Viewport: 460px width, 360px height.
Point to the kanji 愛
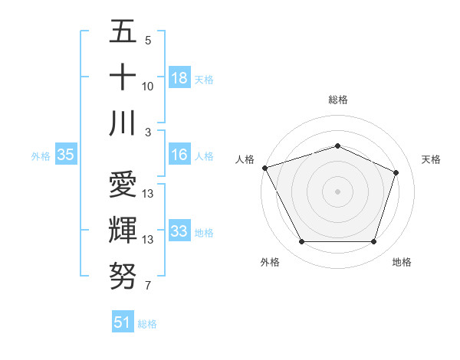(123, 185)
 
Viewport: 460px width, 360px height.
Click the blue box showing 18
(179, 78)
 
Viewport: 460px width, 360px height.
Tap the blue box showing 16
(179, 155)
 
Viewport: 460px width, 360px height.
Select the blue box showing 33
(179, 231)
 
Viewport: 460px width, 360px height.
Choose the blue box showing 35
(65, 155)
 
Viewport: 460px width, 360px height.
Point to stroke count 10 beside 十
(148, 87)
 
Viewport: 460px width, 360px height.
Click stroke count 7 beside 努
(148, 286)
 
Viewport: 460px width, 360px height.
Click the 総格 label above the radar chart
(337, 100)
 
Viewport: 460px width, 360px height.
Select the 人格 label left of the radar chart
(245, 159)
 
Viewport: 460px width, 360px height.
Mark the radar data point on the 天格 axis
(396, 172)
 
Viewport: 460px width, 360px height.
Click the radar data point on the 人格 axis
(264, 168)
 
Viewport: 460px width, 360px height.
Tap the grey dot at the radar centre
(337, 191)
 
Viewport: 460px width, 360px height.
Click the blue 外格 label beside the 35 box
(41, 155)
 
